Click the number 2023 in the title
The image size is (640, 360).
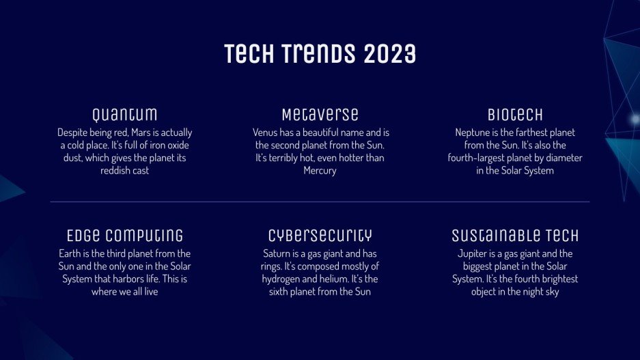pos(389,54)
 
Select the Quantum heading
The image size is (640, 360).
pos(125,114)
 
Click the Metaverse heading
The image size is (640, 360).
pos(320,114)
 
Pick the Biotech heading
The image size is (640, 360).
pos(515,114)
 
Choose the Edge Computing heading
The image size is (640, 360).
pos(125,236)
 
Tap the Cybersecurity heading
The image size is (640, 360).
pos(320,236)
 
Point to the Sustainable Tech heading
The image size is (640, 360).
pos(515,236)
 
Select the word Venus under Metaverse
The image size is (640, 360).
pos(266,133)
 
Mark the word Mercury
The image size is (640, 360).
pos(320,171)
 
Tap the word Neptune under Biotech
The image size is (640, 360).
pos(474,133)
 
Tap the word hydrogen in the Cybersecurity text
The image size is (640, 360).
pos(281,279)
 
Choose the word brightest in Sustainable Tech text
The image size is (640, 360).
pos(555,279)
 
